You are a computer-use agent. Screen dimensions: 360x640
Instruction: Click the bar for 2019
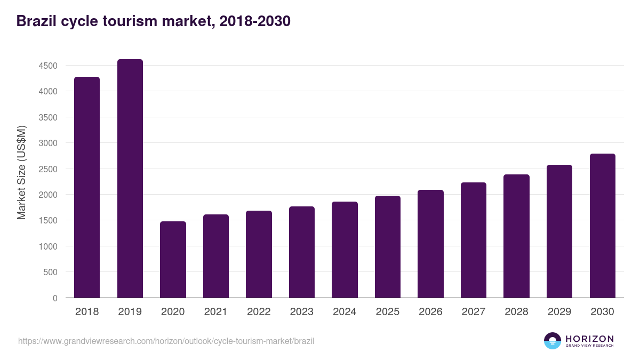coord(130,179)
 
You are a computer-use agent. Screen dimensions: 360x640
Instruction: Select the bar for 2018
coord(87,187)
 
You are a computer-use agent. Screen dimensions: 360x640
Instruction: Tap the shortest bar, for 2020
coord(173,260)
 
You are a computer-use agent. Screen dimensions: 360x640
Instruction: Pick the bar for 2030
coord(602,226)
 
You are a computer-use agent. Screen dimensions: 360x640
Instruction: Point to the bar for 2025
coord(388,247)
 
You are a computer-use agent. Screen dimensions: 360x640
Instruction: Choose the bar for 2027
coord(474,240)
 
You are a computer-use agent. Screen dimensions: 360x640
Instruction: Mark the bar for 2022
coord(259,254)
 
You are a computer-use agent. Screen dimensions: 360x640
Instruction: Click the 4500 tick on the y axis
coord(48,66)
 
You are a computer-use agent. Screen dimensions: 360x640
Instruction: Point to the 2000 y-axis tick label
coord(48,195)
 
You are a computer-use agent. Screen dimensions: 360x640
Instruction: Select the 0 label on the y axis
coord(55,298)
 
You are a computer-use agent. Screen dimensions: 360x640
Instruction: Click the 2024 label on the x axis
coord(345,312)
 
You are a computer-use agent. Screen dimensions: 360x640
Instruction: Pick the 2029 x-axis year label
coord(559,312)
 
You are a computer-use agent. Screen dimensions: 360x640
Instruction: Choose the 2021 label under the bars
coord(215,312)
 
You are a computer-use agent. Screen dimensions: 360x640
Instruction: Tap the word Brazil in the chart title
coord(37,21)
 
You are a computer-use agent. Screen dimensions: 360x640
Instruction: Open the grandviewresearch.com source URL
coord(166,341)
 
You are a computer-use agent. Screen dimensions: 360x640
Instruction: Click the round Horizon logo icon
coord(553,341)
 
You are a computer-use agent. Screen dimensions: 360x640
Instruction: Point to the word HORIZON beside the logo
coord(589,339)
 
